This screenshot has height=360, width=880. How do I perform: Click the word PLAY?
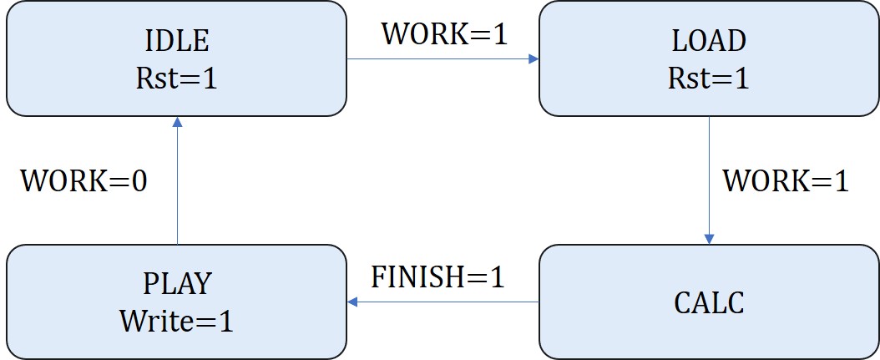point(176,283)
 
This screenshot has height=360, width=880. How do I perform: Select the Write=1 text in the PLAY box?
point(176,320)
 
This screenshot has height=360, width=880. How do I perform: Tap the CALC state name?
point(708,302)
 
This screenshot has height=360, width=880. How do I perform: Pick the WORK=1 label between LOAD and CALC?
point(786,181)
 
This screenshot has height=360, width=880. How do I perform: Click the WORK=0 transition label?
point(83,181)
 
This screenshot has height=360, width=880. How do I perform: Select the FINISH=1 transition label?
point(438,276)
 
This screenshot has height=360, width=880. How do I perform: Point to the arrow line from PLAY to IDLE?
point(177,184)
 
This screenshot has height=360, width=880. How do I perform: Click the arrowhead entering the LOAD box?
point(533,59)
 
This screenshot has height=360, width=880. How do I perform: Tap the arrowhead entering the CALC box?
point(709,239)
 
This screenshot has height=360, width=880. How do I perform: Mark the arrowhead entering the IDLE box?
point(177,122)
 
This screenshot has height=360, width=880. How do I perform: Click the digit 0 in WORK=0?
point(138,181)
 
